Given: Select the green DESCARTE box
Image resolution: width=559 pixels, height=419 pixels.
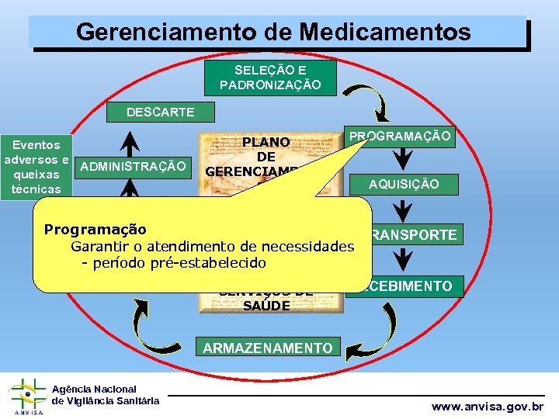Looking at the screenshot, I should coord(161,113).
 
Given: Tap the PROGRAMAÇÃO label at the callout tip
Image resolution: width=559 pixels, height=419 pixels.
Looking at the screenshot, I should coord(400,137).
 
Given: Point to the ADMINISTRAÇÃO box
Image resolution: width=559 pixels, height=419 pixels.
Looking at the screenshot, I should coord(133,166).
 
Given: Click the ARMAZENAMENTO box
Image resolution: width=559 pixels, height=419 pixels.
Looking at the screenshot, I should coord(267,348).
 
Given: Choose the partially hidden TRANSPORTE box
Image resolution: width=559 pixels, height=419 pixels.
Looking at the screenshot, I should coord(414,234).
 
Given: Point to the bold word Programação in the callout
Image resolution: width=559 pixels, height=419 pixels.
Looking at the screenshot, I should coord(95,230).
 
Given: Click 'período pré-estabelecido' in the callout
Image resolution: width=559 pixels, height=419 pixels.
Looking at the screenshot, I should coord(180,263).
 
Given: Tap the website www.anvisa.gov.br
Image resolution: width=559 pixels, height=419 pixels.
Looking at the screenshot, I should coord(488,407).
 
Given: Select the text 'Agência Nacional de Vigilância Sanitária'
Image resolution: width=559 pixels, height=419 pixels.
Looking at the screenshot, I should coord(105,395).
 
